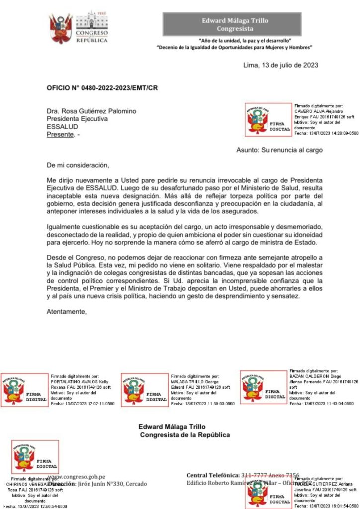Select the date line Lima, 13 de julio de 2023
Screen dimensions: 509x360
(280, 65)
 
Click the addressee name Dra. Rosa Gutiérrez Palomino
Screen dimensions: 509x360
(91, 111)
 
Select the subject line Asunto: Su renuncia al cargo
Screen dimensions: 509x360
(279, 150)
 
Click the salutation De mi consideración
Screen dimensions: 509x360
(77, 164)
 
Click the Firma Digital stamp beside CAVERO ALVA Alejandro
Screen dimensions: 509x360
(269, 120)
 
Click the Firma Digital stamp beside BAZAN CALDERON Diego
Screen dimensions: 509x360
(264, 387)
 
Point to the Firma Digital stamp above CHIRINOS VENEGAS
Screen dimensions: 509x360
(35, 457)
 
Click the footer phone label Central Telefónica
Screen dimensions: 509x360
(213, 475)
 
